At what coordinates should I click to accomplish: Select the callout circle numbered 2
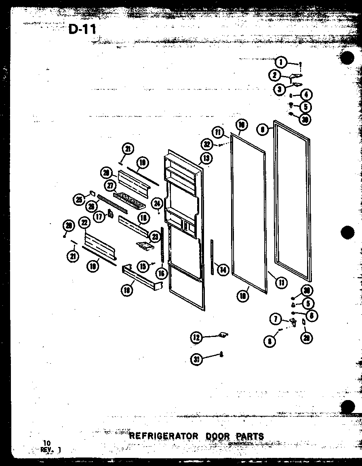coord(275,75)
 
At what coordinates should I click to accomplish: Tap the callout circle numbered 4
coord(306,95)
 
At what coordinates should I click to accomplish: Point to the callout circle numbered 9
coord(263,130)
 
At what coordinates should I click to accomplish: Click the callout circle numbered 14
coord(222,269)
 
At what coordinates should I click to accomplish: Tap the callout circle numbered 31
coord(196,359)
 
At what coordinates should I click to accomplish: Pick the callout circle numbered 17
coord(98,216)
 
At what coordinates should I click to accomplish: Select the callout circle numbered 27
coord(110,186)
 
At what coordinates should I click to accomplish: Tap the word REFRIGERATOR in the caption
coord(164,436)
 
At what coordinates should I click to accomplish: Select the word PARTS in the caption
coord(248,436)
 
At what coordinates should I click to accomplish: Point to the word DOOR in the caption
coord(217,436)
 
